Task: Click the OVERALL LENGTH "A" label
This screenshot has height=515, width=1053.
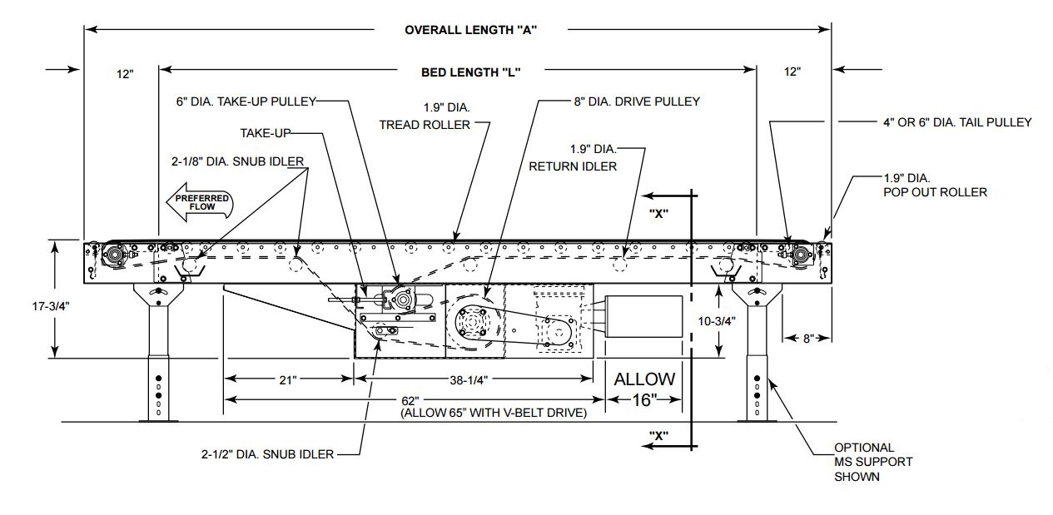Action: pos(470,30)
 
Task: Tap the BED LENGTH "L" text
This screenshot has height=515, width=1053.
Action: pos(470,72)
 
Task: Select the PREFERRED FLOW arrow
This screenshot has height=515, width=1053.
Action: pos(201,202)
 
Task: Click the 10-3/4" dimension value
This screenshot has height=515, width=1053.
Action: pos(717,320)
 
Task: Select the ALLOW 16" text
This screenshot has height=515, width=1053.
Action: pos(644,389)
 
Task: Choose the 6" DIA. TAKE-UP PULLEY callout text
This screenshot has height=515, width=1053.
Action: pos(246,102)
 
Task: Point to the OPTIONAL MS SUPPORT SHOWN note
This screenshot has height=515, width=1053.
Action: pos(872,462)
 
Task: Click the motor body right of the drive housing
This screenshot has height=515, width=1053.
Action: pos(642,316)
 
